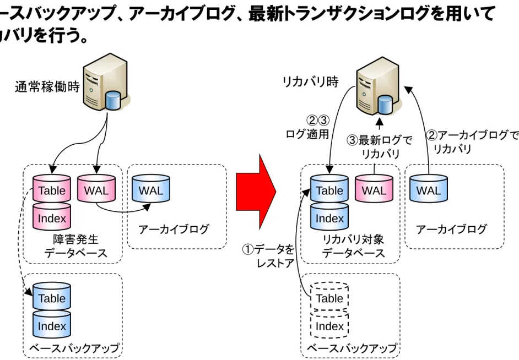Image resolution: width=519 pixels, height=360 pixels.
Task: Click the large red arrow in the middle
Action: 256,192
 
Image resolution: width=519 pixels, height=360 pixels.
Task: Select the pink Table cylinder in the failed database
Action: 52,188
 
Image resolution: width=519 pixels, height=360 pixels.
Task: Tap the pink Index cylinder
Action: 52,216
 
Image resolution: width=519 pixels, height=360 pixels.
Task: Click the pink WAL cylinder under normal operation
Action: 96,188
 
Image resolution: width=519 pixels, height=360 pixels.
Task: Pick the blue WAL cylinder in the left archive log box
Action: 151,188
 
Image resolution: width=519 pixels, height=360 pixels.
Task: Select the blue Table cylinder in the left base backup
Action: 52,296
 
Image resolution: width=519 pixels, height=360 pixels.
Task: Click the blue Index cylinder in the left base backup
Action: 52,324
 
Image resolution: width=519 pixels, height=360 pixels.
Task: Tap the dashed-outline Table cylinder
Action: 329,296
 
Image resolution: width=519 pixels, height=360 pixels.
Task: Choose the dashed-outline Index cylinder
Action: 329,324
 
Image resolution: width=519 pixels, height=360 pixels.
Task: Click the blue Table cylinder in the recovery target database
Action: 329,188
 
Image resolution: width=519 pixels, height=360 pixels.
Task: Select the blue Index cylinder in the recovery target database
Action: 329,216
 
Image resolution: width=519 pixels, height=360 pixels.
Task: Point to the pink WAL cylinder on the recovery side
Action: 374,188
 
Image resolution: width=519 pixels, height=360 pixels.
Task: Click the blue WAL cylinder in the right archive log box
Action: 429,188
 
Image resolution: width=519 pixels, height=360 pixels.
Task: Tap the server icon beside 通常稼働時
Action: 106,82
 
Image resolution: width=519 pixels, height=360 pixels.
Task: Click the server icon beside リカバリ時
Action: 379,86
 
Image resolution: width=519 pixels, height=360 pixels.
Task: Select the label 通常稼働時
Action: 47,87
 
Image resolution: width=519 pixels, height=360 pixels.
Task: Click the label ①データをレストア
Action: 269,256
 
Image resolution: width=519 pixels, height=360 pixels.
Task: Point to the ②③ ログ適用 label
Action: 308,127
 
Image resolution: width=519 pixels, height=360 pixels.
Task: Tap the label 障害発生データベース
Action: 76,246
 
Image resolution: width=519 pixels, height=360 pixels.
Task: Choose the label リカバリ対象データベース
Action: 354,246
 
